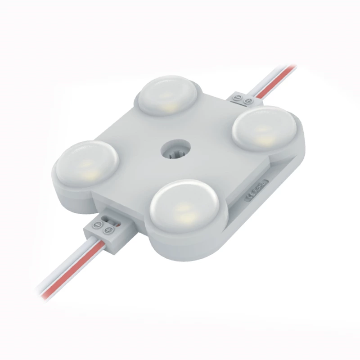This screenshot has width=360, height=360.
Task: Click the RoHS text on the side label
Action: coord(261,186)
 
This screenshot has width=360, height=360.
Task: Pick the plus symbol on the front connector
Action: coord(108,231)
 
